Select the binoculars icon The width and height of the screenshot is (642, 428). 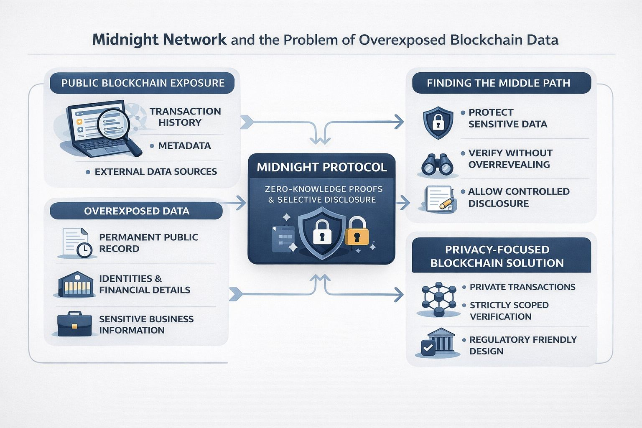(x=437, y=165)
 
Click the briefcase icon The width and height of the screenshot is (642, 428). (x=74, y=324)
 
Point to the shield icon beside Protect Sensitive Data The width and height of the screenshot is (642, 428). (x=438, y=122)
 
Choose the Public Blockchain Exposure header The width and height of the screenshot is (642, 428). (x=143, y=83)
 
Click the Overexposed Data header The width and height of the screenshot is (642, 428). (x=136, y=211)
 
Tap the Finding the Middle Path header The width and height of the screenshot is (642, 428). (x=498, y=83)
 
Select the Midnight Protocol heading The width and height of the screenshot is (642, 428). (x=321, y=167)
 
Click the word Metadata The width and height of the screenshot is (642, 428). (x=184, y=146)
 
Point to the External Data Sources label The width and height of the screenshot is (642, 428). (x=155, y=171)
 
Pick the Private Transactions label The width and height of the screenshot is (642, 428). (x=522, y=287)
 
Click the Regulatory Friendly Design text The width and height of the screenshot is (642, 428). (x=522, y=345)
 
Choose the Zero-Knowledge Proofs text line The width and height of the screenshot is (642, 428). (x=324, y=189)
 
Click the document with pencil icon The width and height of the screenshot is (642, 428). (x=439, y=198)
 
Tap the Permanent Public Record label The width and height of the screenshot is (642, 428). (x=148, y=243)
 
